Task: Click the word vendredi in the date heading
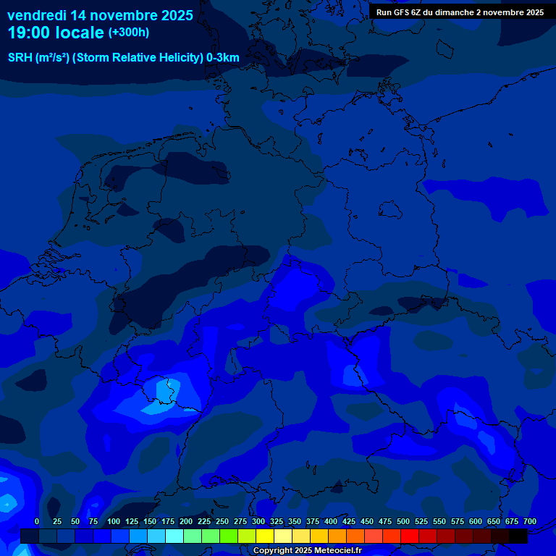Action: pyautogui.click(x=36, y=15)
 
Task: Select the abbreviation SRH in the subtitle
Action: pyautogui.click(x=20, y=57)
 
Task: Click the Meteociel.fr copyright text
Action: pyautogui.click(x=333, y=550)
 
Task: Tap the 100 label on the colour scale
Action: pyautogui.click(x=114, y=521)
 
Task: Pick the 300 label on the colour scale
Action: pyautogui.click(x=258, y=521)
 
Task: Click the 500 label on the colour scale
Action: pyautogui.click(x=403, y=521)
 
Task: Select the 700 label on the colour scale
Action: pyautogui.click(x=529, y=521)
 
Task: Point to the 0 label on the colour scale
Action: pyautogui.click(x=37, y=521)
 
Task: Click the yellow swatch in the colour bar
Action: pyautogui.click(x=265, y=536)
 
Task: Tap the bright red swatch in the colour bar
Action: pyautogui.click(x=410, y=536)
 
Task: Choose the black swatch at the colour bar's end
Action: pyautogui.click(x=518, y=536)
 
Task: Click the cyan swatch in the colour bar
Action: pyautogui.click(x=174, y=536)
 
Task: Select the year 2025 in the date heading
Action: pyautogui.click(x=172, y=15)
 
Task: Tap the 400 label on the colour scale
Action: pyautogui.click(x=331, y=521)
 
